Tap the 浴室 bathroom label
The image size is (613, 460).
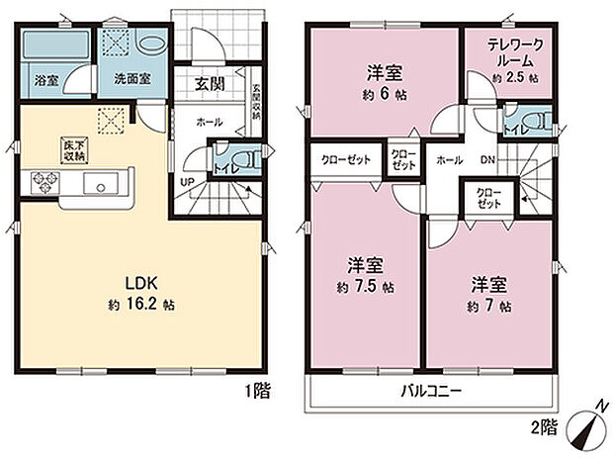pyautogui.click(x=44, y=78)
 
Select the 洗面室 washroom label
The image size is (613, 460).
pyautogui.click(x=131, y=78)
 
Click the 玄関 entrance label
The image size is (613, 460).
pyautogui.click(x=208, y=84)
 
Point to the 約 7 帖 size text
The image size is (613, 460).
pyautogui.click(x=490, y=307)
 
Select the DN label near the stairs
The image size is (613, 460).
pyautogui.click(x=488, y=160)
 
